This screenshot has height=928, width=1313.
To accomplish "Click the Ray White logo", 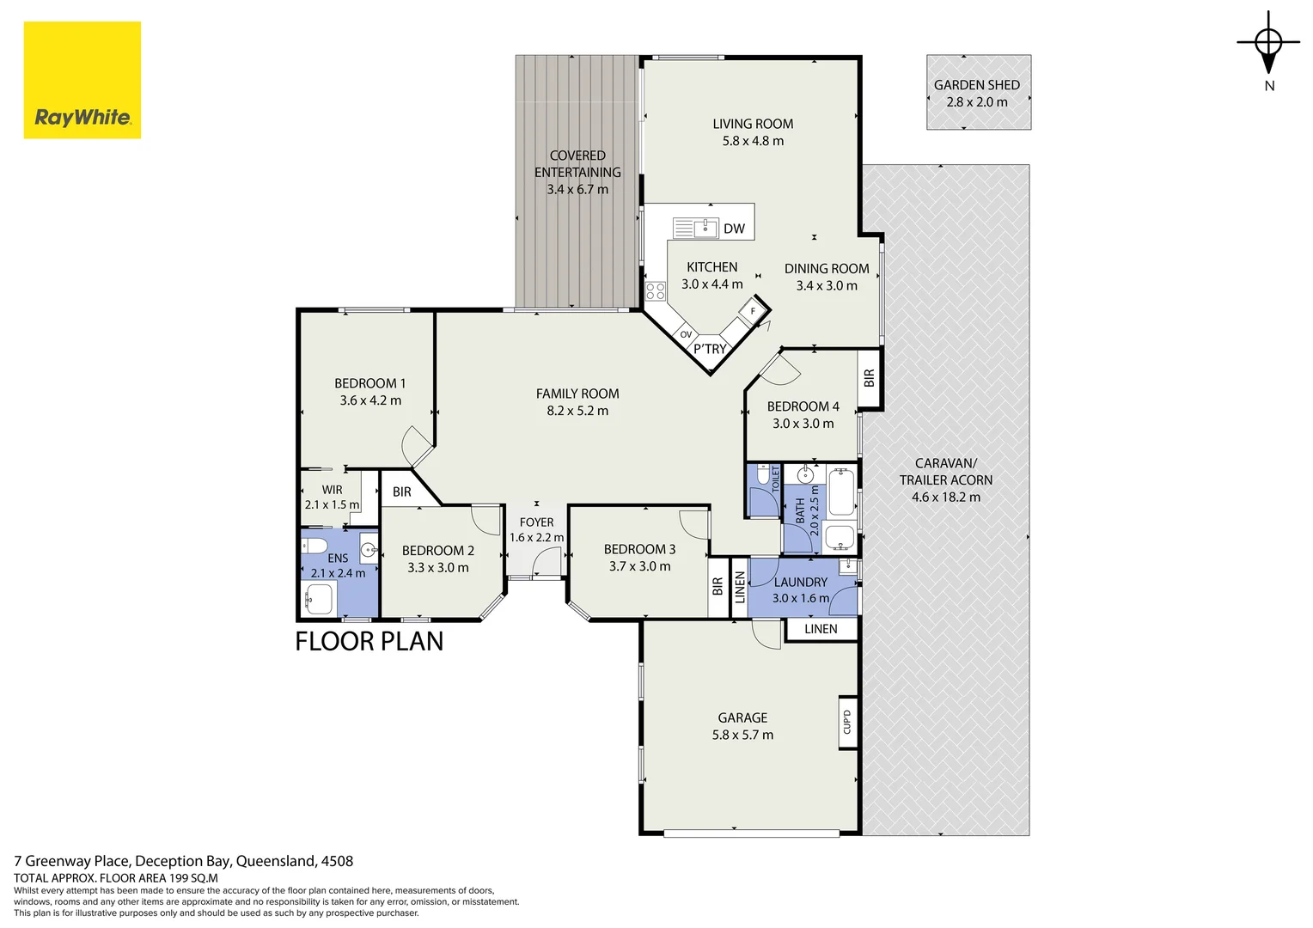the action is pyautogui.click(x=82, y=80).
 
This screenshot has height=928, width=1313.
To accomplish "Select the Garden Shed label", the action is pyautogui.click(x=976, y=85).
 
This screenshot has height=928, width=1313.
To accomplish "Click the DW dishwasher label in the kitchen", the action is pyautogui.click(x=734, y=229).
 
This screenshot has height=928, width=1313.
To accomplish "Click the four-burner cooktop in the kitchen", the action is pyautogui.click(x=656, y=290).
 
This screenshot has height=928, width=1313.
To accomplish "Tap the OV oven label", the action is pyautogui.click(x=686, y=335).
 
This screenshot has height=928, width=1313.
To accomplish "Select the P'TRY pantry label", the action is pyautogui.click(x=710, y=350).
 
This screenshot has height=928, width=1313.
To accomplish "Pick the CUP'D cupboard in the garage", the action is pyautogui.click(x=847, y=722).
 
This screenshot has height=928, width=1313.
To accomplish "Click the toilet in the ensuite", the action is pyautogui.click(x=315, y=546).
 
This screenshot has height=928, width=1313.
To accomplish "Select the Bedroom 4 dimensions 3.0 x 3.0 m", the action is pyautogui.click(x=803, y=424).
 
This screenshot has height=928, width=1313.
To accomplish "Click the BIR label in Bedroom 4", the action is pyautogui.click(x=870, y=377).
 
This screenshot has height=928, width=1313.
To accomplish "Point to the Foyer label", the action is pyautogui.click(x=536, y=522).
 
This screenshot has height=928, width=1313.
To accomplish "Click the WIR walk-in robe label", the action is pyautogui.click(x=332, y=490).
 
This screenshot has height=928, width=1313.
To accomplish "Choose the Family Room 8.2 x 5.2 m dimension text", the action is pyautogui.click(x=577, y=411).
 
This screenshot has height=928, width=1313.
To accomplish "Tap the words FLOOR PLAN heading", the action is pyautogui.click(x=369, y=641).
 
